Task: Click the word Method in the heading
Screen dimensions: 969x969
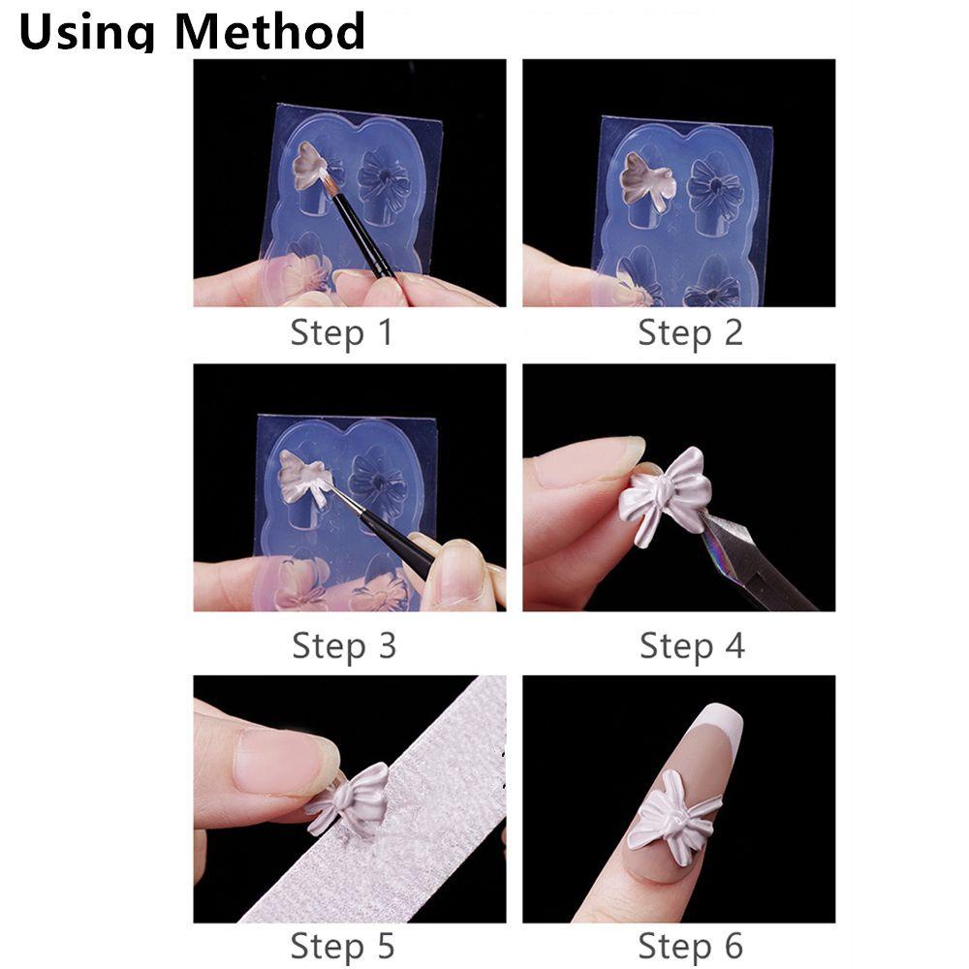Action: pyautogui.click(x=270, y=31)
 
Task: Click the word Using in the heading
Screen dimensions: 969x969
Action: pyautogui.click(x=86, y=32)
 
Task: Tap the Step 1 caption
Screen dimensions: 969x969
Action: pyautogui.click(x=342, y=332)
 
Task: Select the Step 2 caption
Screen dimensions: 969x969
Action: pyautogui.click(x=690, y=332)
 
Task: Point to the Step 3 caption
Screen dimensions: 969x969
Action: pyautogui.click(x=344, y=645)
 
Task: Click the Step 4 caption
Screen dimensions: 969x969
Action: pyautogui.click(x=692, y=645)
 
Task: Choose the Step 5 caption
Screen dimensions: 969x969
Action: pyautogui.click(x=342, y=946)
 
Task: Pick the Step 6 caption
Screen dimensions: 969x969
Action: pyautogui.click(x=690, y=946)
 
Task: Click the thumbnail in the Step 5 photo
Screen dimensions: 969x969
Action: pyautogui.click(x=284, y=760)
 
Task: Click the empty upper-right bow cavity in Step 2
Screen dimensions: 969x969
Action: pyautogui.click(x=714, y=188)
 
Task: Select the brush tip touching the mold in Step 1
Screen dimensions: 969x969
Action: pyautogui.click(x=327, y=180)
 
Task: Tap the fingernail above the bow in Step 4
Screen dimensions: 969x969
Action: pyautogui.click(x=589, y=460)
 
